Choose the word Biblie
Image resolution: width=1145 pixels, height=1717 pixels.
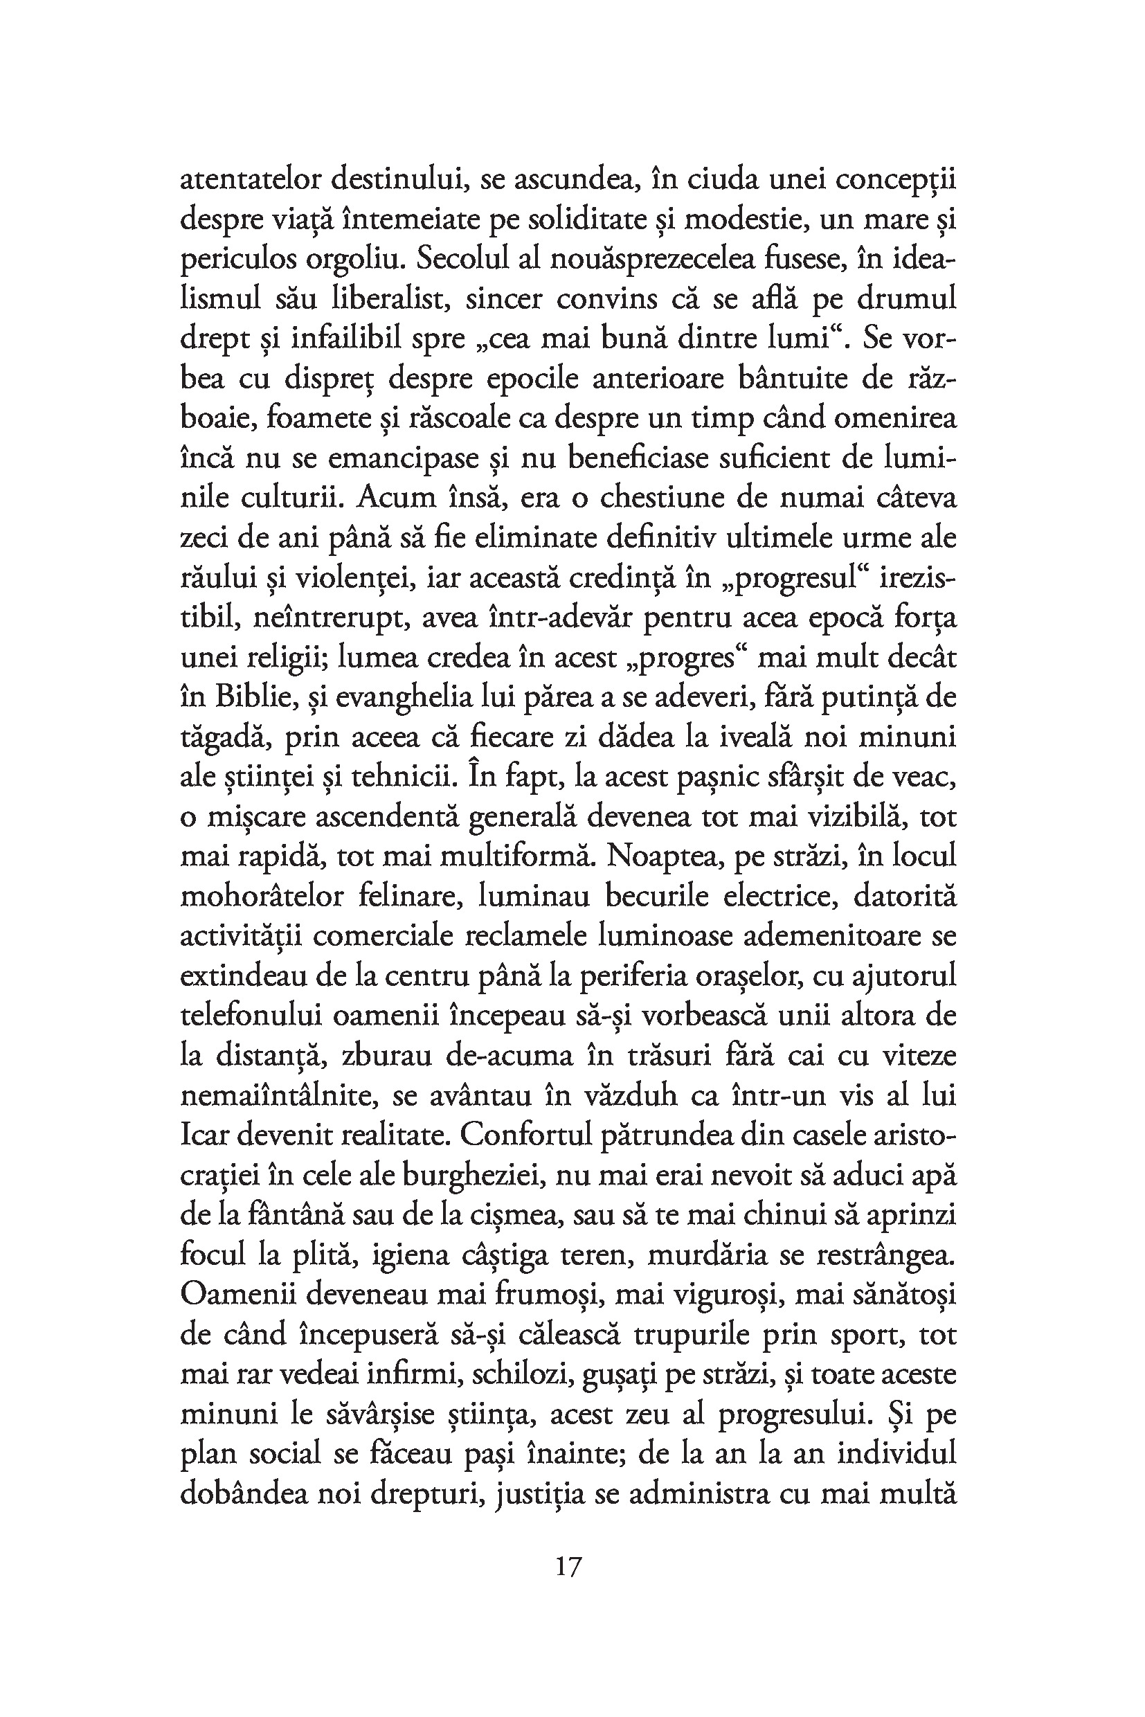point(253,697)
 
